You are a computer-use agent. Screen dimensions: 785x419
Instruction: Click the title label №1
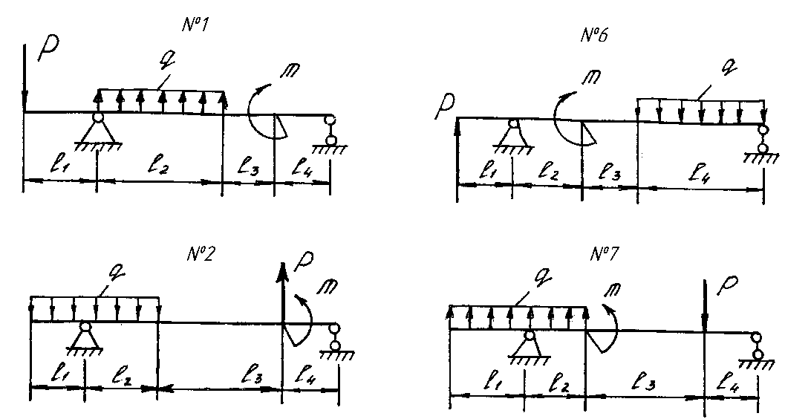tap(195, 25)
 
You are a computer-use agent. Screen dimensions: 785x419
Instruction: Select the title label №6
tap(595, 35)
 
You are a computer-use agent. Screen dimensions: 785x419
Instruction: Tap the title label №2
tap(201, 254)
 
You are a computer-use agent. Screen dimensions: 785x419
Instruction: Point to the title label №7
tap(604, 254)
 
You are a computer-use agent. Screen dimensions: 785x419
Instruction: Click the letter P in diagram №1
tap(48, 48)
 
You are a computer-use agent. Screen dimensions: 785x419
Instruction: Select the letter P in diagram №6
tap(445, 107)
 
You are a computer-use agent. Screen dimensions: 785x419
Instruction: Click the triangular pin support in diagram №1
tap(97, 131)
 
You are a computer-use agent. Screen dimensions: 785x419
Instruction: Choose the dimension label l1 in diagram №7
tap(491, 383)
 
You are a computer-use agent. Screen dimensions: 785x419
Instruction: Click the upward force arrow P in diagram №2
tap(283, 293)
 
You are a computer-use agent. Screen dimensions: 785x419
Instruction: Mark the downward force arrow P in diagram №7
tap(704, 305)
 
